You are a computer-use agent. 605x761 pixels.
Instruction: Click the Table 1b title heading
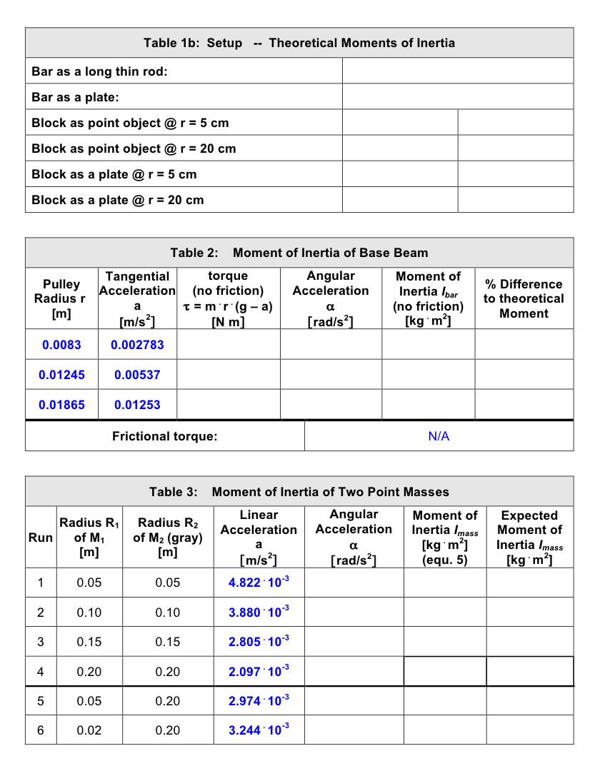[299, 43]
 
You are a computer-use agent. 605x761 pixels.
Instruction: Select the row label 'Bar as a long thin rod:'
[99, 71]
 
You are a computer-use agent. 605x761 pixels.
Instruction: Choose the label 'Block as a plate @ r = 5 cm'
[114, 174]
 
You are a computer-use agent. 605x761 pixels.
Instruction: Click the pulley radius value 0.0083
[61, 345]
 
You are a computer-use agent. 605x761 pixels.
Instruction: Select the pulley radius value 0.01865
[61, 405]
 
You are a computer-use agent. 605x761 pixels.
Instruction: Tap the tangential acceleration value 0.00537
[137, 375]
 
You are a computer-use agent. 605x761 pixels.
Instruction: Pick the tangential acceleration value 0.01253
[137, 405]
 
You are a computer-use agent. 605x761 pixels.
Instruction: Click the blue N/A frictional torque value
[439, 436]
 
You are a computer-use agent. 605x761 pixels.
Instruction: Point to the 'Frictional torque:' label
[164, 436]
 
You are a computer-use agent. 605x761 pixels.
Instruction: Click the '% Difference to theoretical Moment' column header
[524, 298]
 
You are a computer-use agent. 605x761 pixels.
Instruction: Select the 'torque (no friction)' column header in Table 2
[228, 298]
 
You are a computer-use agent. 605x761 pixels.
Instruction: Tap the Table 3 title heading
[299, 491]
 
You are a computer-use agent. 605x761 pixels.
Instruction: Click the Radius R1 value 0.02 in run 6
[89, 730]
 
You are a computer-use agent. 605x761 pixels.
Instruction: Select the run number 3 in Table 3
[40, 642]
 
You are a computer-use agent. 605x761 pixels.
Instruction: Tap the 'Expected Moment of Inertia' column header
[529, 537]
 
